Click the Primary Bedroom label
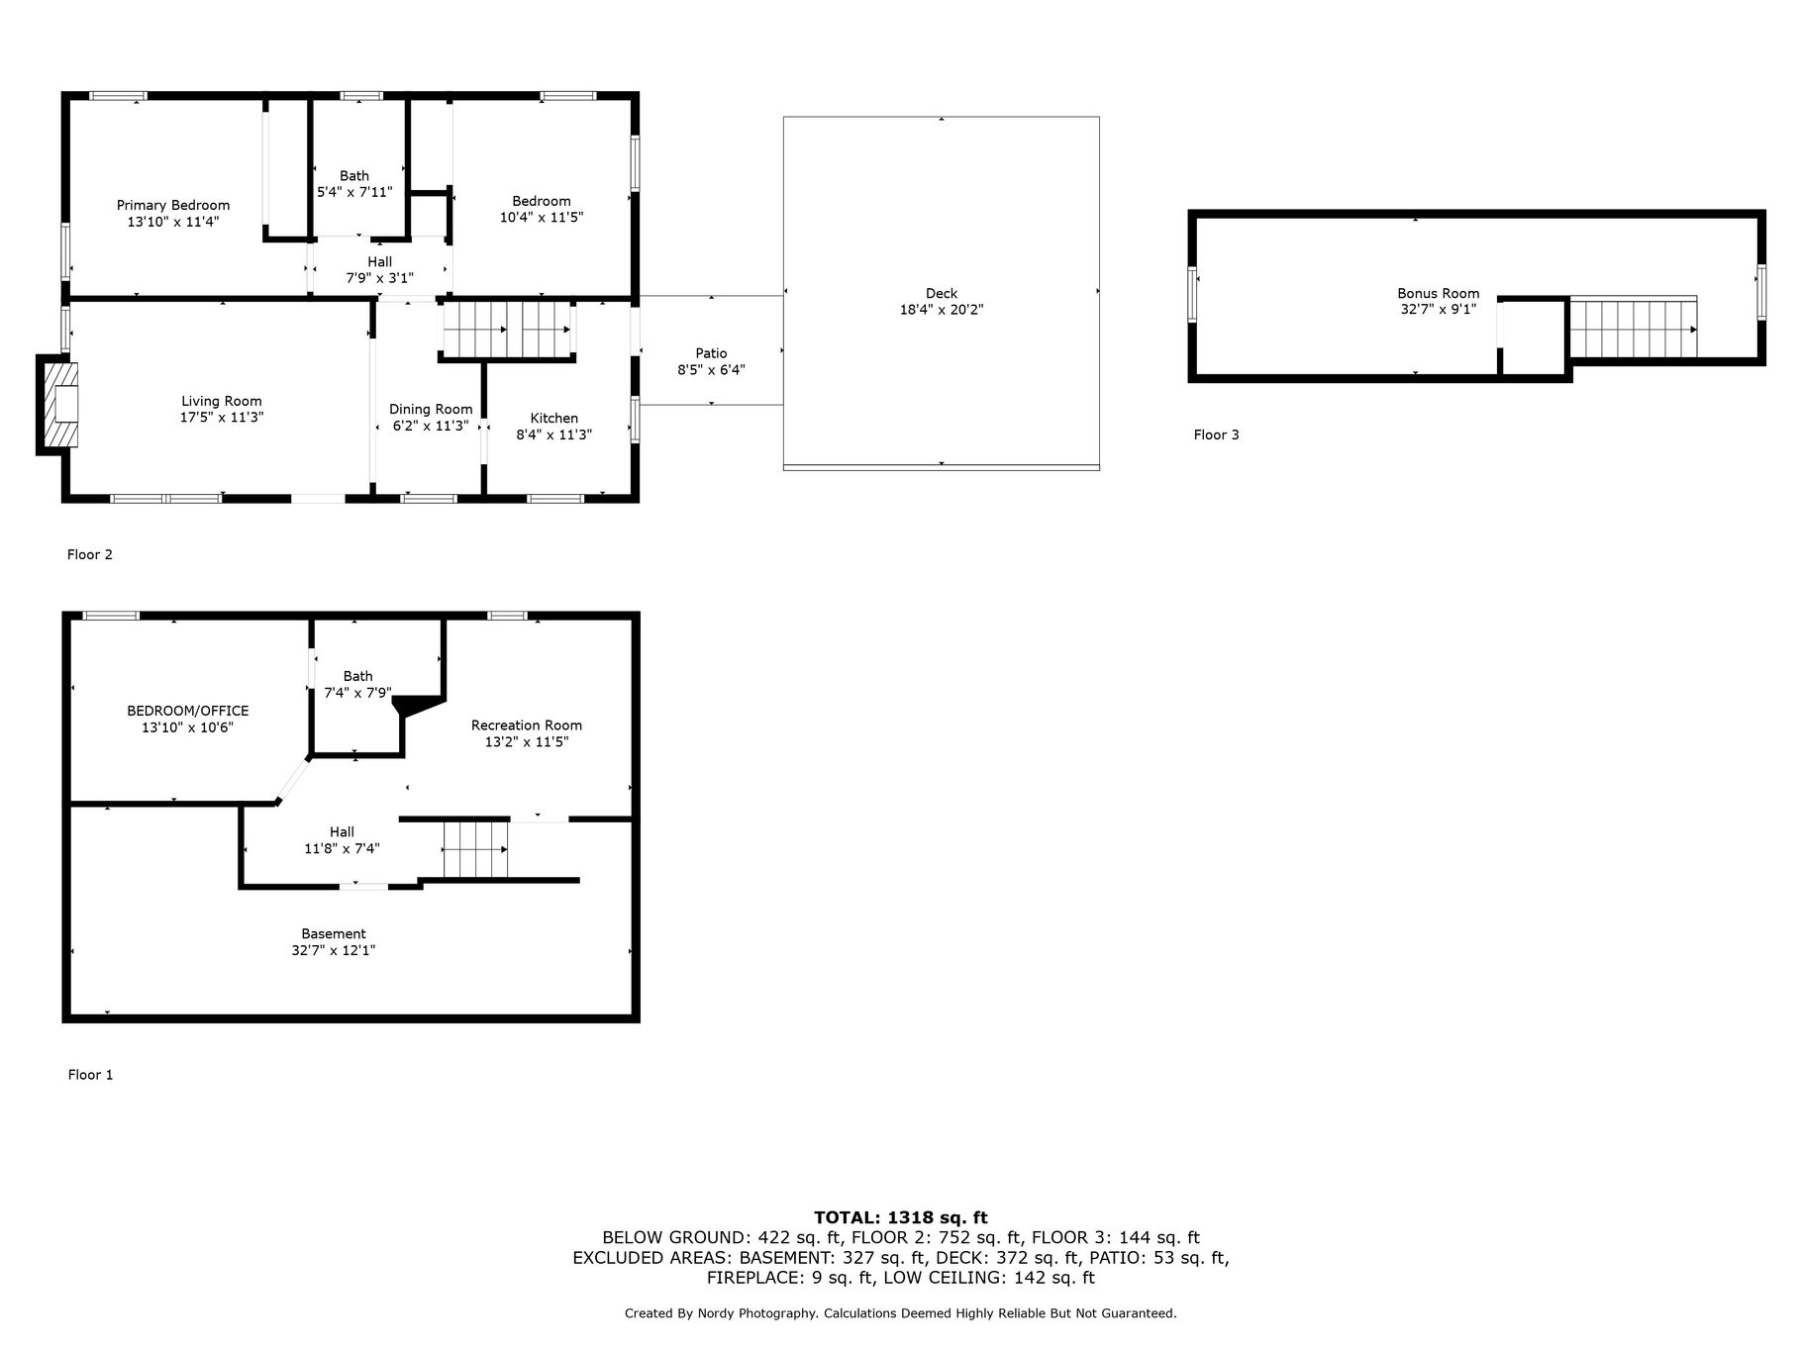tap(173, 206)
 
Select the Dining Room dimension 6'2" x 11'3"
tap(431, 427)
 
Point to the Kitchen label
tap(554, 418)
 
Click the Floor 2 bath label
tap(354, 176)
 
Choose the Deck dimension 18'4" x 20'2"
tap(942, 310)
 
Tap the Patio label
tap(711, 353)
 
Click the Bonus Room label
tap(1439, 293)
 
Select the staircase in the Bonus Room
tap(1634, 328)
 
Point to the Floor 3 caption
tap(1216, 434)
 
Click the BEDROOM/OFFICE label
tap(188, 711)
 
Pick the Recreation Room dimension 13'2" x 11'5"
tap(527, 741)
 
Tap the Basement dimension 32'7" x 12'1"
tap(334, 950)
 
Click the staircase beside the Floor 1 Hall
tap(475, 849)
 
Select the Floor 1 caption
tap(90, 1075)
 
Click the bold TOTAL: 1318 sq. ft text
tap(901, 1217)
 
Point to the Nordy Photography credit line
tap(901, 1313)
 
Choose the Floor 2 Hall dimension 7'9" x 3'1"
tap(379, 278)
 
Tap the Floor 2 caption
tap(90, 554)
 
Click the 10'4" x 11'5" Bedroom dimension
tap(542, 217)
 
